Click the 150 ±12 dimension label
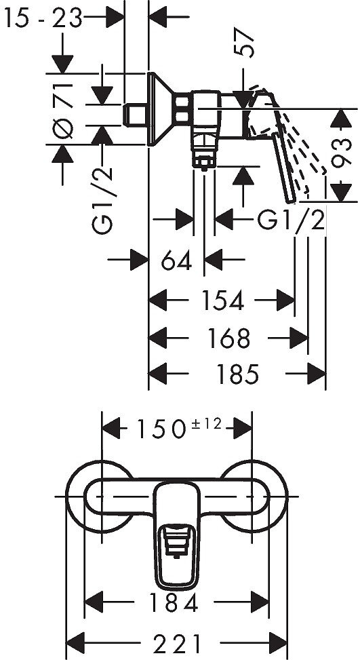178,428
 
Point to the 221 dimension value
177,640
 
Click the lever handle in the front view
177,536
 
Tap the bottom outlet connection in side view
204,155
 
